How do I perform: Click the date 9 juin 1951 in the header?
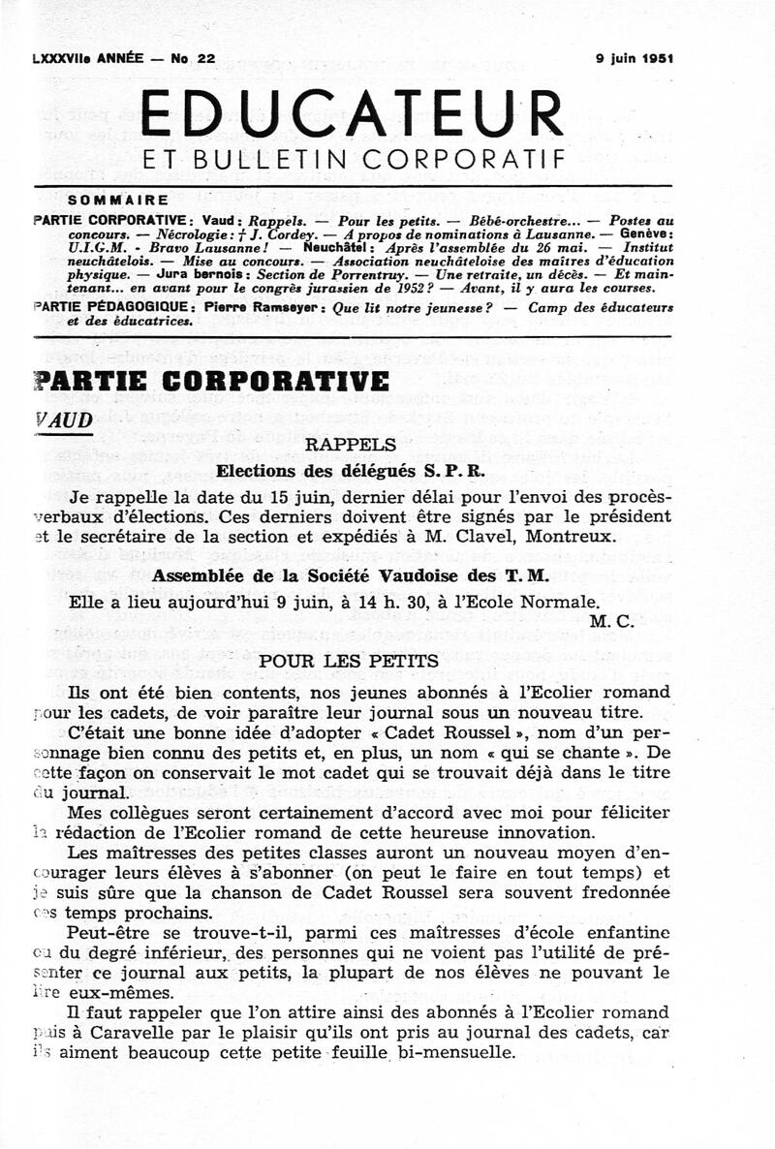(x=635, y=58)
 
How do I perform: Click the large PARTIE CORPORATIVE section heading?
(x=211, y=381)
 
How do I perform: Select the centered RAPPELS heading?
(x=351, y=445)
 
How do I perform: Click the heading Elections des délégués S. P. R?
(x=350, y=472)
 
